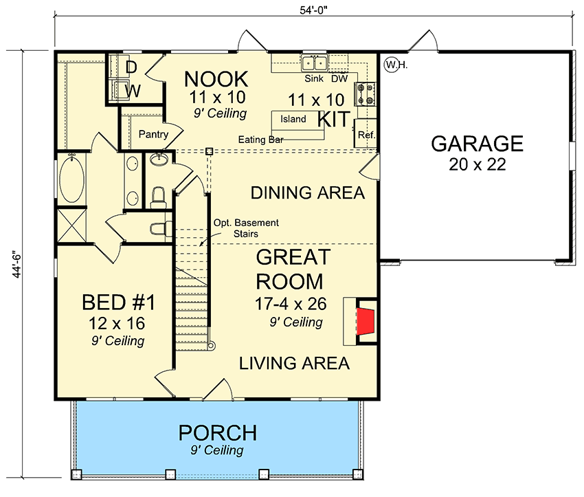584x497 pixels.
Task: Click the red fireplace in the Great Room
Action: click(366, 320)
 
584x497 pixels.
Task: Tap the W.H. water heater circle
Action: click(392, 65)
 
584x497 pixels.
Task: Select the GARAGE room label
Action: click(478, 144)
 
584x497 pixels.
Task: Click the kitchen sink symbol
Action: click(315, 63)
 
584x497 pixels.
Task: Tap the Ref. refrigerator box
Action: click(366, 135)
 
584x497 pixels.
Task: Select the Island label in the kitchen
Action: click(293, 120)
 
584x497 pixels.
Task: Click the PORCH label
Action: click(218, 433)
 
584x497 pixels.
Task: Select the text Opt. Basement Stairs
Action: click(245, 228)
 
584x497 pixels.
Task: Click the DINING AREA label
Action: click(307, 193)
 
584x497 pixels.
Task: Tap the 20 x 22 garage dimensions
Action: click(478, 166)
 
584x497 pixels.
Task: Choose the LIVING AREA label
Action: click(294, 363)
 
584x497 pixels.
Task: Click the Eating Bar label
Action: click(261, 140)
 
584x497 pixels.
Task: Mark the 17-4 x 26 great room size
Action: click(290, 304)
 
